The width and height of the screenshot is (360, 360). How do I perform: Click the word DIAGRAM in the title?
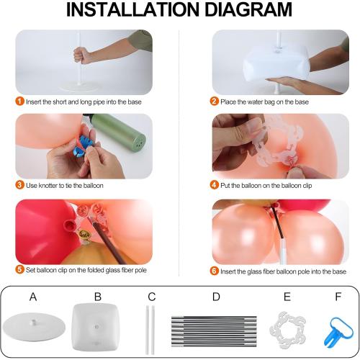click(x=248, y=9)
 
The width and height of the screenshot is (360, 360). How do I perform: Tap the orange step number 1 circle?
click(x=19, y=101)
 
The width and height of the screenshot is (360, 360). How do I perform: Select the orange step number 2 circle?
click(x=214, y=101)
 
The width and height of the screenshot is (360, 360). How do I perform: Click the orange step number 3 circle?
click(x=19, y=185)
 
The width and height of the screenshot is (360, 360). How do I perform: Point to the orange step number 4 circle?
click(x=214, y=185)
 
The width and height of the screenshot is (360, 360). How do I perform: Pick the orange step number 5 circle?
click(x=19, y=269)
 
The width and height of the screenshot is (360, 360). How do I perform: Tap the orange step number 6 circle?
click(x=214, y=271)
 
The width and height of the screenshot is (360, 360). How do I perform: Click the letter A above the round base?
click(x=33, y=297)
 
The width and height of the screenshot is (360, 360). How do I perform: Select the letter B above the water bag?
click(x=98, y=297)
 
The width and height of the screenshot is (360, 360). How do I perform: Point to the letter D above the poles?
click(x=216, y=297)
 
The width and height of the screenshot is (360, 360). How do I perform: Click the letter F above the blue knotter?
click(x=338, y=297)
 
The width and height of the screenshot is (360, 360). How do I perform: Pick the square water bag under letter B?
click(x=96, y=327)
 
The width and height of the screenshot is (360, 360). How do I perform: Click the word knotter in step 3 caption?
click(x=48, y=186)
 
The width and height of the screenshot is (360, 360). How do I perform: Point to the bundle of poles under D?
click(x=214, y=331)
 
